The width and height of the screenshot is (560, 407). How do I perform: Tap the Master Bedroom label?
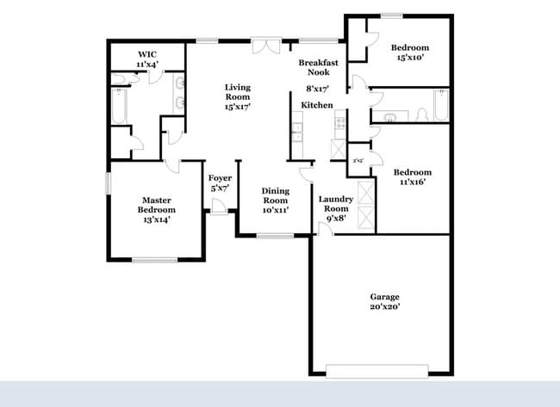tap(158, 205)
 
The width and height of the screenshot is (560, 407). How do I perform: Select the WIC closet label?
tap(146, 54)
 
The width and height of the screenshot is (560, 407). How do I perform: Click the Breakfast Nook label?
tap(317, 68)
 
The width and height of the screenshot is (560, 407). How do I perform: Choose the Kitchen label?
tap(316, 105)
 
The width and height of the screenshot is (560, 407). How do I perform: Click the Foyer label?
tap(219, 178)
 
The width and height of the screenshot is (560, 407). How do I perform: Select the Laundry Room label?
tap(334, 203)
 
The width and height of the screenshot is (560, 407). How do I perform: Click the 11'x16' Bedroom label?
tap(412, 172)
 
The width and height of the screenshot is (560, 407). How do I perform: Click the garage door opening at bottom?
tap(376, 370)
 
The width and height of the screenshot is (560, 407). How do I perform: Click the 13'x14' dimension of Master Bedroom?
tap(158, 220)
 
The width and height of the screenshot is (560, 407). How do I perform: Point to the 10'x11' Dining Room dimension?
tap(275, 210)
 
